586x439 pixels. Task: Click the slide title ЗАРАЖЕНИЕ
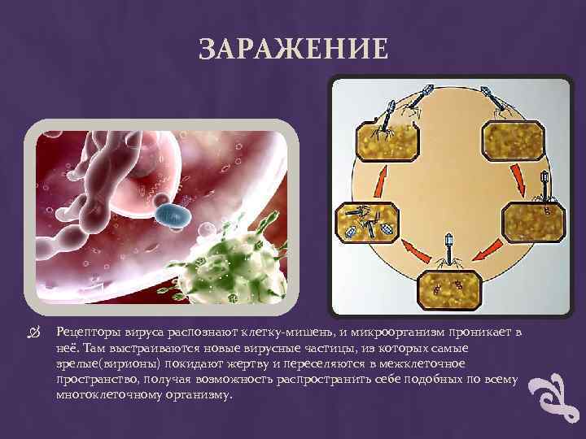pos(293,50)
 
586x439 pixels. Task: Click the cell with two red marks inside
pos(449,285)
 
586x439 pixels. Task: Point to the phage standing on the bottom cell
pos(449,250)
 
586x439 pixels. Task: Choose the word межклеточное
pos(422,362)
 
